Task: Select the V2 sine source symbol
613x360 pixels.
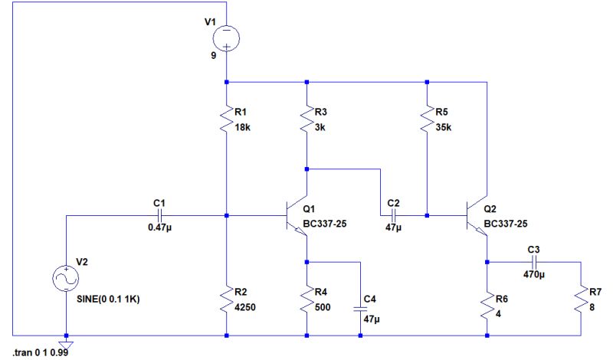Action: (x=66, y=279)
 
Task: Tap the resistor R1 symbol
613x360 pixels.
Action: (x=227, y=119)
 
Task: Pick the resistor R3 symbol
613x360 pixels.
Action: (x=306, y=119)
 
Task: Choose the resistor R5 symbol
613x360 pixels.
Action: (x=428, y=119)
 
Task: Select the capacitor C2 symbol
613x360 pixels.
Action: (x=394, y=215)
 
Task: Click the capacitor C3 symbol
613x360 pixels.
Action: (x=534, y=262)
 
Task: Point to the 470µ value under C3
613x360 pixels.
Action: (x=534, y=274)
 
